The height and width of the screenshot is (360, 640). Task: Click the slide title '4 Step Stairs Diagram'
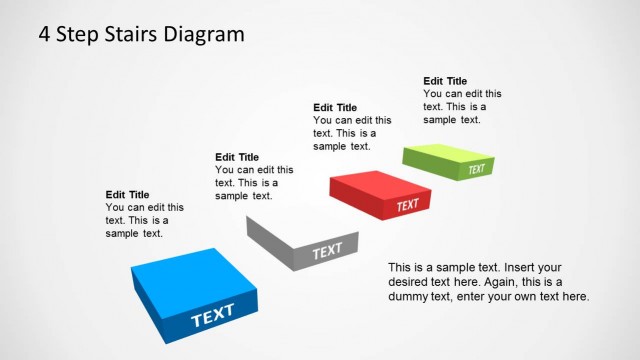[141, 34]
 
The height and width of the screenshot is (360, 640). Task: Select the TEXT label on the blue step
[212, 317]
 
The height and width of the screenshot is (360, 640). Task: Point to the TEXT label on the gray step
[327, 251]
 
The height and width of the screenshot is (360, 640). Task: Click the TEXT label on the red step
[407, 205]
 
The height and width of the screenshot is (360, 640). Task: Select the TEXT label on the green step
[477, 169]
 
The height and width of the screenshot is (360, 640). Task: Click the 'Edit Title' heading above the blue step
[127, 195]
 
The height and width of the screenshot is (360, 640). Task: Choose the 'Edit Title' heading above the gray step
[237, 157]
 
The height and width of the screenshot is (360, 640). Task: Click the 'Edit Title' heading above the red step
[335, 108]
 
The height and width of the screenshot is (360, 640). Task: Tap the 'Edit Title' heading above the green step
[445, 81]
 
